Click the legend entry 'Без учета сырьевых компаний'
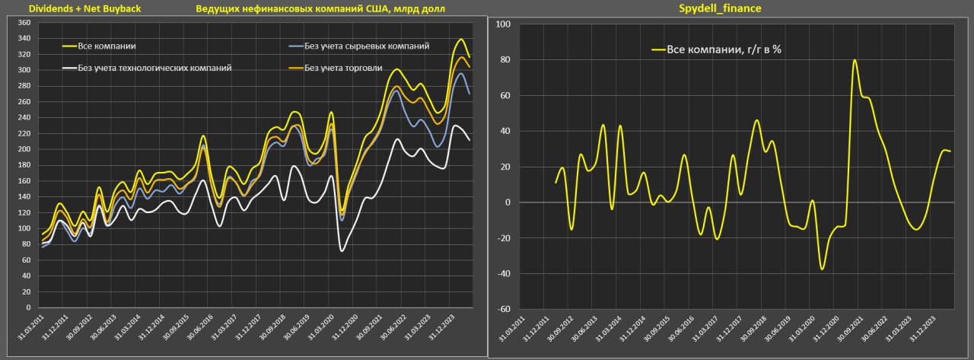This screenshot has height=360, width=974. (366, 46)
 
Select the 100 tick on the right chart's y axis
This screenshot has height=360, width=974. (503, 24)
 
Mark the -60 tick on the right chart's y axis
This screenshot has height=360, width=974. (503, 310)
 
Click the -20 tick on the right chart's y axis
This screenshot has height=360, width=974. (503, 238)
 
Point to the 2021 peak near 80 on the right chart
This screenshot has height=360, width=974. (855, 60)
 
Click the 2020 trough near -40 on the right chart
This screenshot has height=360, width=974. (822, 269)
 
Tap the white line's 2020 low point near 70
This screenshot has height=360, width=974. (342, 250)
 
